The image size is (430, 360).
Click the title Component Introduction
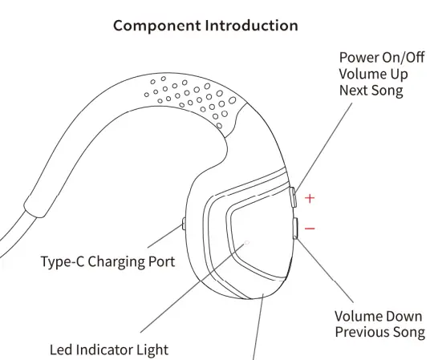[205, 25]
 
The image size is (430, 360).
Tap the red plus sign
[310, 197]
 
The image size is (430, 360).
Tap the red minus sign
[310, 229]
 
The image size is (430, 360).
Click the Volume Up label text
[373, 74]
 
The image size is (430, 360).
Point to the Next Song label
[371, 90]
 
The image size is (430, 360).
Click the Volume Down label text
[379, 316]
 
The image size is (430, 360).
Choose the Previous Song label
[379, 332]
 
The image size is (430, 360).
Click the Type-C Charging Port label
[107, 261]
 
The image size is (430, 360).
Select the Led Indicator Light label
[109, 350]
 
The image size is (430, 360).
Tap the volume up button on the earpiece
[294, 197]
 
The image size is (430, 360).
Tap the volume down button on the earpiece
[295, 229]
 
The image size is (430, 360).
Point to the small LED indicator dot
[247, 241]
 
